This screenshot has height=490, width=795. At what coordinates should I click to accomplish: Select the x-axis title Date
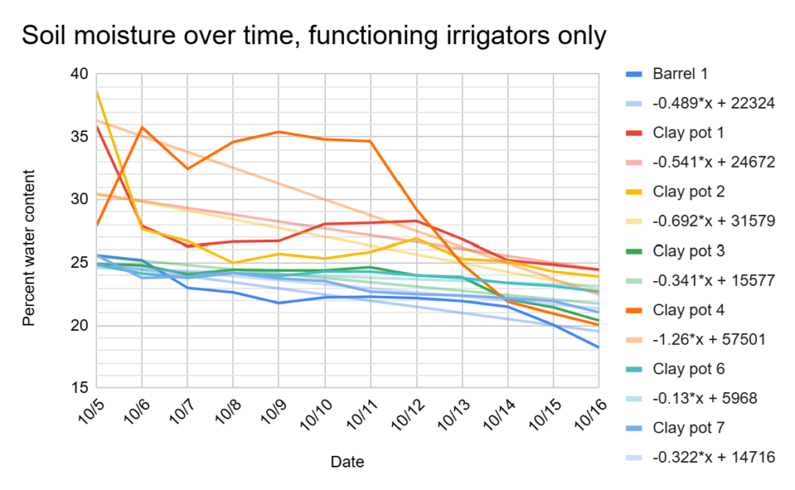[347, 462]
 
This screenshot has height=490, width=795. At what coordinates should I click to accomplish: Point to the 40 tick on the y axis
[80, 75]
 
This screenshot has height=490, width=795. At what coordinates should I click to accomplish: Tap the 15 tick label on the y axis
[80, 387]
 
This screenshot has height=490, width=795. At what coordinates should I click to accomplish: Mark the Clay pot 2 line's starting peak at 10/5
[96, 92]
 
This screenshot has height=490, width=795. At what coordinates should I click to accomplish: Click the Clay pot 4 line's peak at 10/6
[141, 127]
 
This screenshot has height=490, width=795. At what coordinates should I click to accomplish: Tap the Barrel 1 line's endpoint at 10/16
[598, 347]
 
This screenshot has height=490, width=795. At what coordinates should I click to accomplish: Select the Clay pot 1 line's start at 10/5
[96, 127]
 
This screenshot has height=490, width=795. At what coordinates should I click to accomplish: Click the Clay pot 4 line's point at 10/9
[279, 132]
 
